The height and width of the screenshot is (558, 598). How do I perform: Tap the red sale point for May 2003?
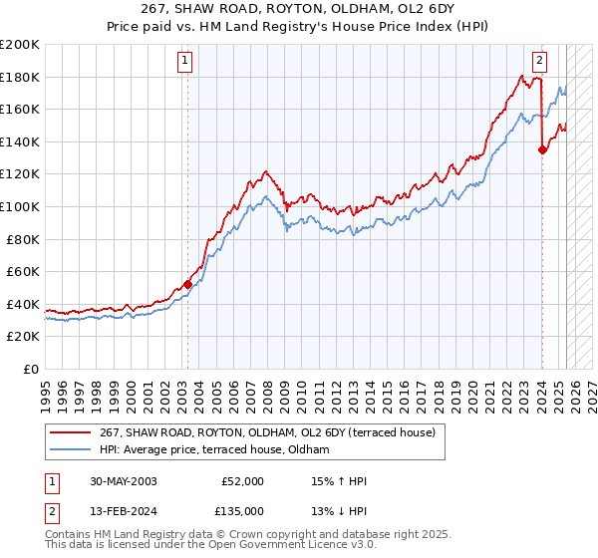[187, 284]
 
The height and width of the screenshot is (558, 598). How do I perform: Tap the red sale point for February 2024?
[542, 150]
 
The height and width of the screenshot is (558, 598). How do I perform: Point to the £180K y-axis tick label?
[20, 77]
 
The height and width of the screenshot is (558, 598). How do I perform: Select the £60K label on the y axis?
[23, 271]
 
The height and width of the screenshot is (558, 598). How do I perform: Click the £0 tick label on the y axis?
[31, 369]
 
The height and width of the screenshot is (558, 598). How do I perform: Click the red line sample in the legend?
[70, 432]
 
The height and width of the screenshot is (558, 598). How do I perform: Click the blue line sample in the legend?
[70, 449]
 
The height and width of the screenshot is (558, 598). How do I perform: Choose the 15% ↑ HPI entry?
[340, 481]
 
